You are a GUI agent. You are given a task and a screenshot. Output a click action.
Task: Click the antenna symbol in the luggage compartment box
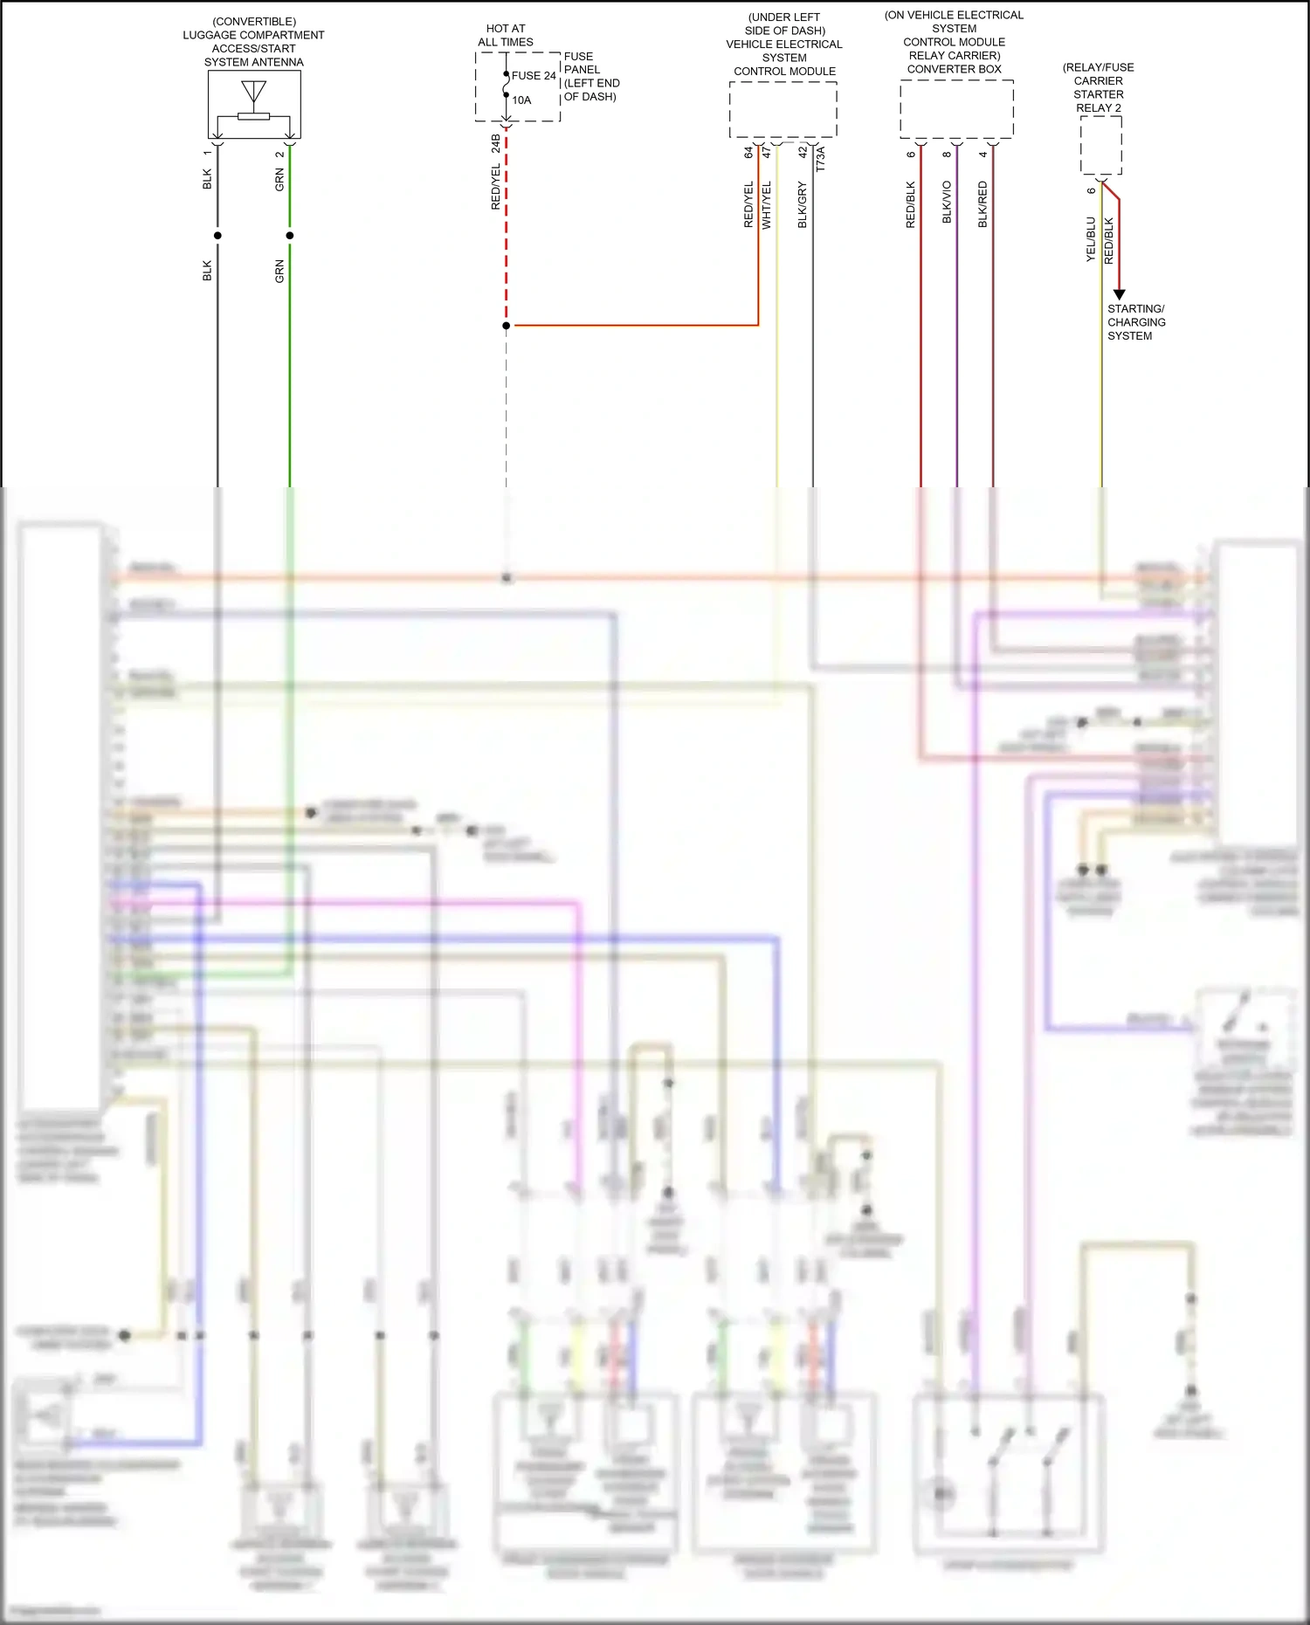[254, 92]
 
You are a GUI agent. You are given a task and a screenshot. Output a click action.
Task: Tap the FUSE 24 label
[534, 76]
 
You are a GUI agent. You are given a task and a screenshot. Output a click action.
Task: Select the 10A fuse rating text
[521, 100]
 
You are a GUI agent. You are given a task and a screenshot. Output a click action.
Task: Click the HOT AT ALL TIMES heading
[506, 35]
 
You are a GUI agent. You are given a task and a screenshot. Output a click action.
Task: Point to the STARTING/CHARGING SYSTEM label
[1135, 322]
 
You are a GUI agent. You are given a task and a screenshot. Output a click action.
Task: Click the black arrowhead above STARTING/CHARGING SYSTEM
[1119, 294]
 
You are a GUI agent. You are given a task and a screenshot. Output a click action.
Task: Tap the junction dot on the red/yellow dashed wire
[507, 326]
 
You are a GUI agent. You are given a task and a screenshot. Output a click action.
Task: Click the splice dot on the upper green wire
[290, 235]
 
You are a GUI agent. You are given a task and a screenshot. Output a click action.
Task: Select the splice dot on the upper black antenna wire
[217, 235]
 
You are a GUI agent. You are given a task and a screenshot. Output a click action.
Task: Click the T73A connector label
[821, 159]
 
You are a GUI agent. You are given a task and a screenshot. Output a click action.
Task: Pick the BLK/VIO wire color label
[948, 203]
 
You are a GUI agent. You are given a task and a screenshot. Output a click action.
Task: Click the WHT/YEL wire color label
[767, 205]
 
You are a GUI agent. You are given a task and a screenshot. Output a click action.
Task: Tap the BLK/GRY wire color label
[803, 205]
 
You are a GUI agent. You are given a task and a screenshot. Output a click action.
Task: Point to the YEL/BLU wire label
[1091, 239]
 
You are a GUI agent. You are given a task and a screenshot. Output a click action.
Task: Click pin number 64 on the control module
[748, 152]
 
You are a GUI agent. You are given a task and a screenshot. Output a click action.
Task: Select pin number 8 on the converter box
[948, 155]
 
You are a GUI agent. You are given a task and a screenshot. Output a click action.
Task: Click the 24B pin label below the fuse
[496, 143]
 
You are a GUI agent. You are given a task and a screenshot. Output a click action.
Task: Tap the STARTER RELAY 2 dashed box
[1100, 145]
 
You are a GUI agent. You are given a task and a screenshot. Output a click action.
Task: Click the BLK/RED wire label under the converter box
[983, 204]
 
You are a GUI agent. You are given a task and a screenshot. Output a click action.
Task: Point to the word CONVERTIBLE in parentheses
[254, 22]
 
